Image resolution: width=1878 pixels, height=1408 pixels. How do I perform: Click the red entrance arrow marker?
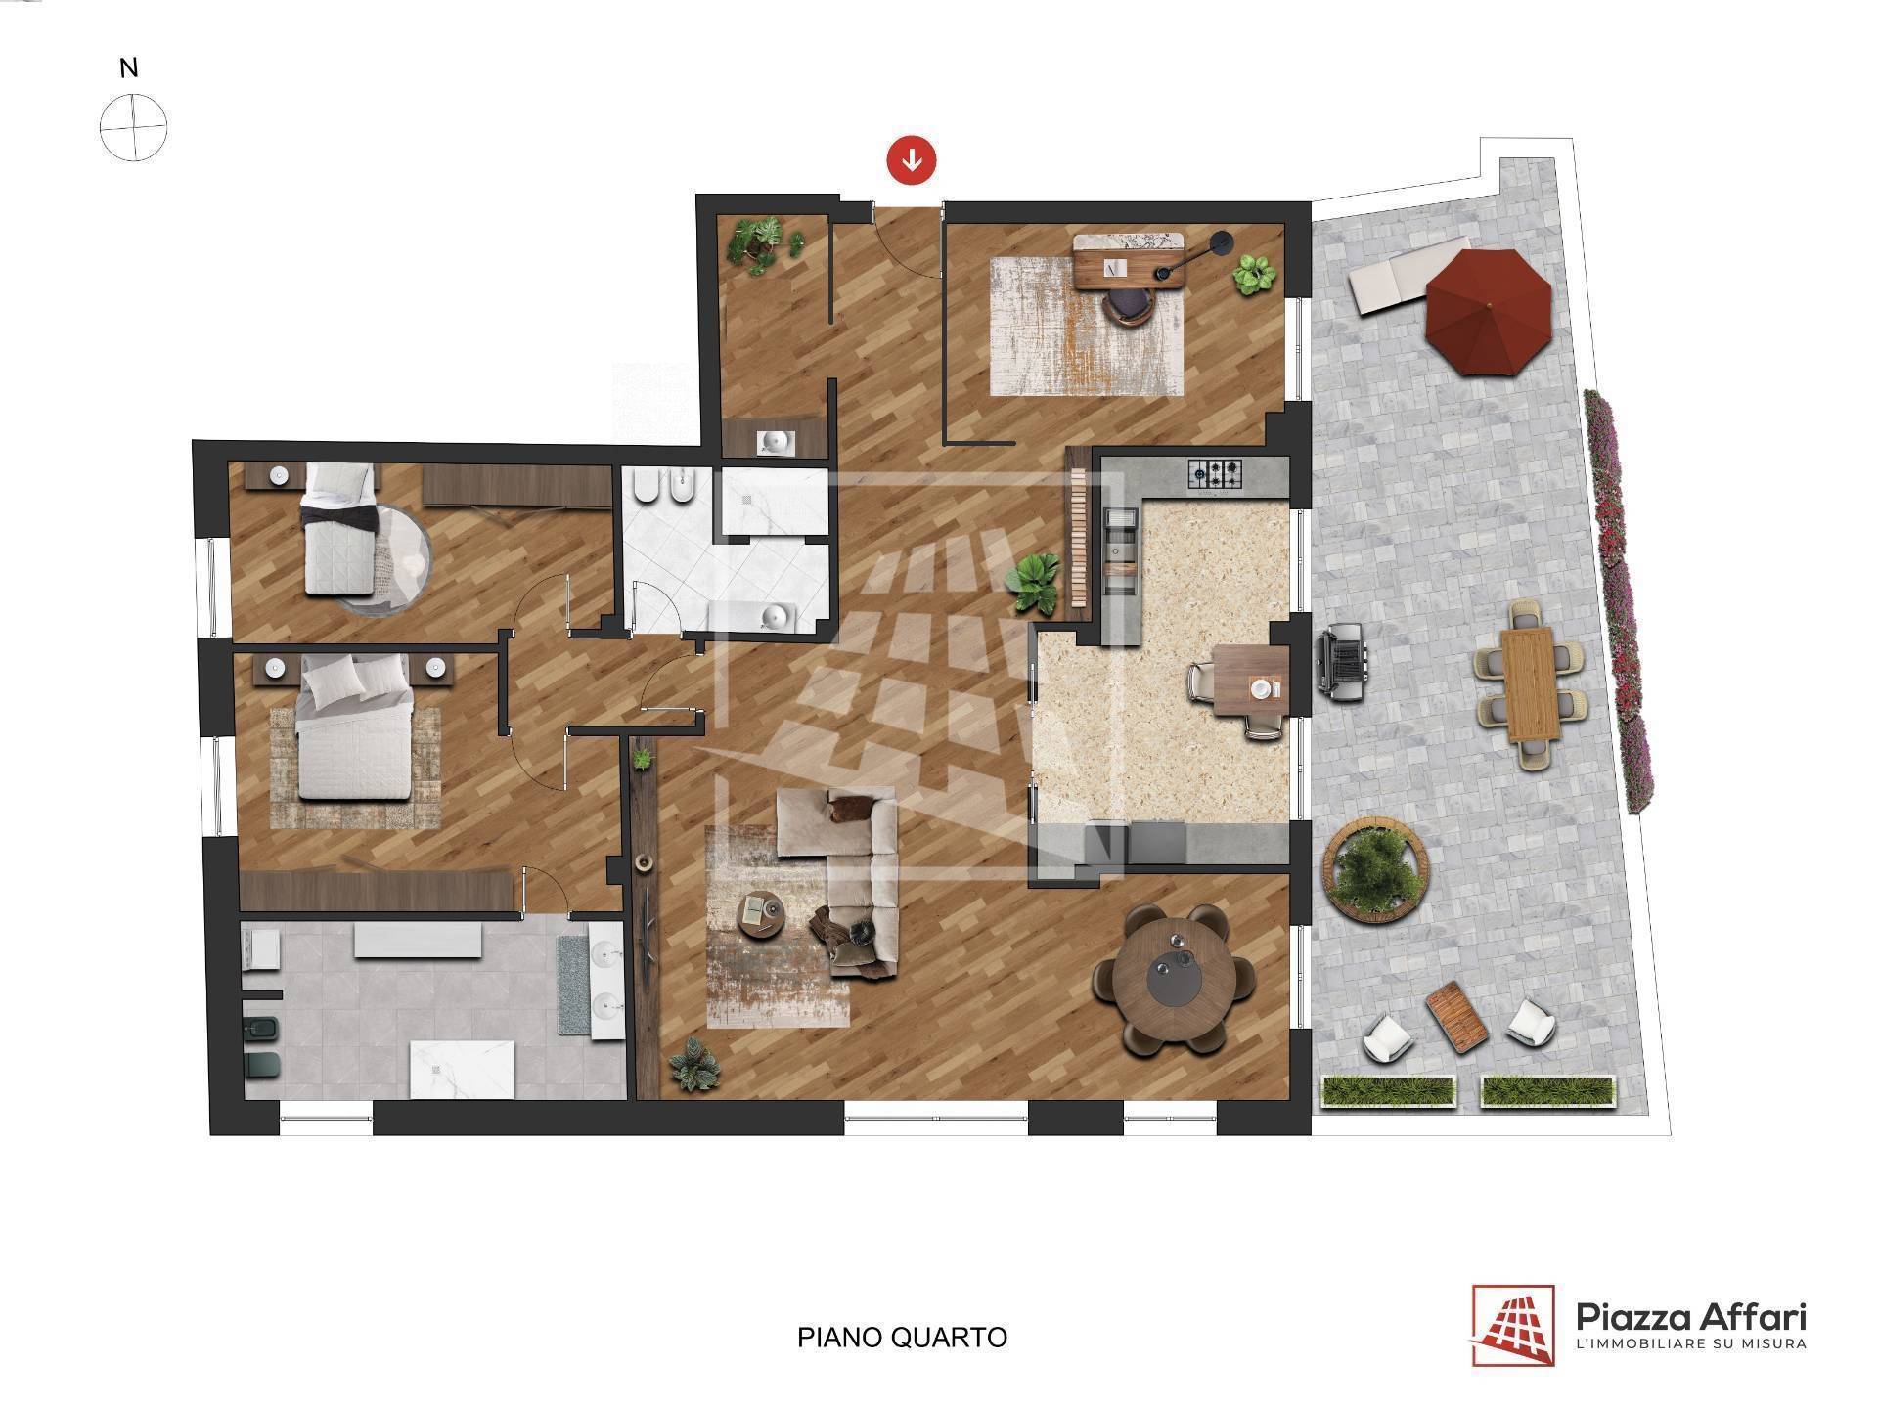tap(912, 159)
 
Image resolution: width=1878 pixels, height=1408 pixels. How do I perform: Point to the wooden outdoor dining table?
tap(1532, 684)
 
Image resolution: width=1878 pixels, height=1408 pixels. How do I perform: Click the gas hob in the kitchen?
tap(1214, 475)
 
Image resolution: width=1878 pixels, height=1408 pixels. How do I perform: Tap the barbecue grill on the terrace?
tap(1341, 662)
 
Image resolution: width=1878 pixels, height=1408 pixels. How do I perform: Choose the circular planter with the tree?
tap(1374, 871)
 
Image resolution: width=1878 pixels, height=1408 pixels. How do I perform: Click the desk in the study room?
tap(1130, 259)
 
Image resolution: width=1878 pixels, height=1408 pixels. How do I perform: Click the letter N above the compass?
tap(128, 68)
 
